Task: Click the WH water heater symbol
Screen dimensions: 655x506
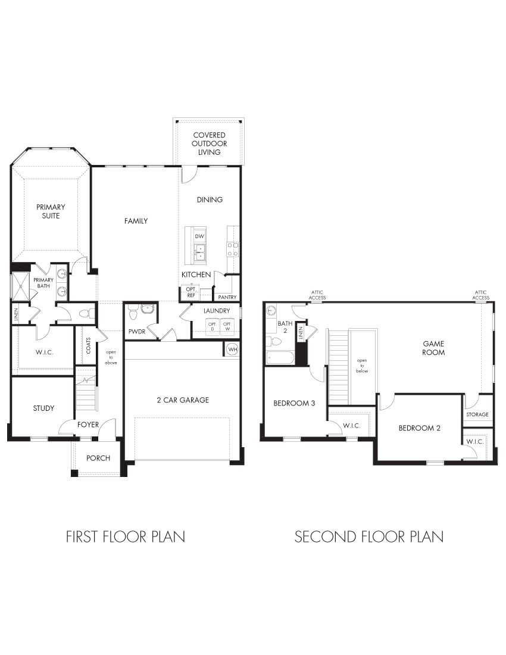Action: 232,349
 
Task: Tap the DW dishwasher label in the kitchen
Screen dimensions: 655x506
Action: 199,236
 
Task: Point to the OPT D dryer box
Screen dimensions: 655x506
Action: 212,326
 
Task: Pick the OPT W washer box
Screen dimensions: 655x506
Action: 227,326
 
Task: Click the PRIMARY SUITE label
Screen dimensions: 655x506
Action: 51,211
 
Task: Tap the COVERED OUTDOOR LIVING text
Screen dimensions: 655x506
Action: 209,144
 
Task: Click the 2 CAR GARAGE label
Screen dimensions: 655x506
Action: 183,400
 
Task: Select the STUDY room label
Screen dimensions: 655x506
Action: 43,408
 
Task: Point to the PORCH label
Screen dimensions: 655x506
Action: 98,458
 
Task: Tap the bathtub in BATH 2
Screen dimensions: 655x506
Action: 279,358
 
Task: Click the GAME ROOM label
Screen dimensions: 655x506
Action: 433,348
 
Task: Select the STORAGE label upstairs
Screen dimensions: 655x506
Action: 477,414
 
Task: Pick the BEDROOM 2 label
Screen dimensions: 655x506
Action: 419,428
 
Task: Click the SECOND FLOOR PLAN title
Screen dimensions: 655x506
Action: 368,537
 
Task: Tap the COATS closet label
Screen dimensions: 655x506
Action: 89,346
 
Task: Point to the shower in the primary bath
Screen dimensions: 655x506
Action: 21,286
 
